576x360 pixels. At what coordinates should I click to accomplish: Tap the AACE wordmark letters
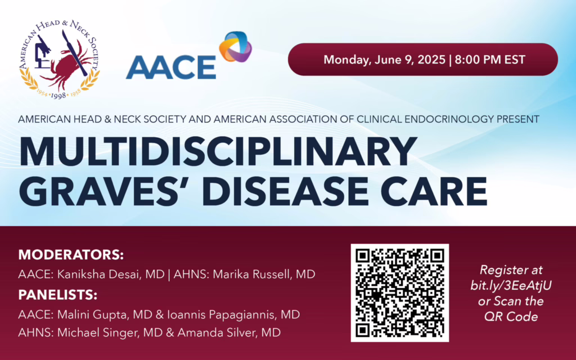tap(171, 67)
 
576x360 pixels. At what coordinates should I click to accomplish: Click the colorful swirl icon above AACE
tap(236, 47)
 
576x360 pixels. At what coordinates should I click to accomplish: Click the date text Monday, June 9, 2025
tap(384, 60)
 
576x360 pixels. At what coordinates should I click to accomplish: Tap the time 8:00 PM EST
tap(490, 60)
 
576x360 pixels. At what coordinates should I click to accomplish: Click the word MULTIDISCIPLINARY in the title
tap(218, 151)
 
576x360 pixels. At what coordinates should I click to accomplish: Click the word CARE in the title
tap(434, 191)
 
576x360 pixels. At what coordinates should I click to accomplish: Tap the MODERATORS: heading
tap(71, 255)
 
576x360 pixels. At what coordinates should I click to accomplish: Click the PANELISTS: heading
tap(58, 295)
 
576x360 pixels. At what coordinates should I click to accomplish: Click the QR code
tap(400, 292)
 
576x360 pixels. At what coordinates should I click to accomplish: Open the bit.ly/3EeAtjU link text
tap(511, 285)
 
